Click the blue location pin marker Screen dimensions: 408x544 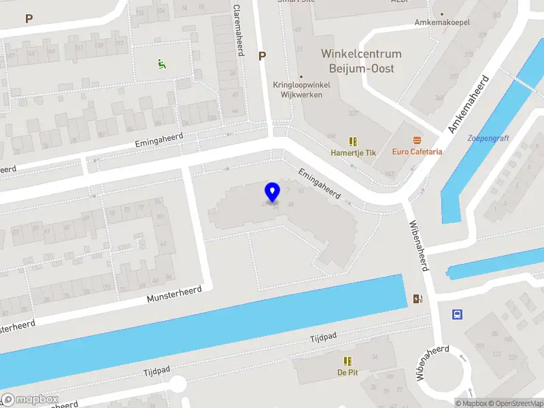click(273, 192)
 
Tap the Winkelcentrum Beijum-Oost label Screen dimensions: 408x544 click(361, 61)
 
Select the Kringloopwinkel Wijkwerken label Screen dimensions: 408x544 click(301, 90)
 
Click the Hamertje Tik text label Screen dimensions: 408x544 click(353, 153)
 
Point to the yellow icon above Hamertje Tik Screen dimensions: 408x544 click(353, 141)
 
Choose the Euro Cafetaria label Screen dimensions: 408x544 click(417, 152)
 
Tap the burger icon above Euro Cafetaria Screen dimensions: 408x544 click(417, 139)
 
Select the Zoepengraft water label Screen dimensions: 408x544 click(488, 138)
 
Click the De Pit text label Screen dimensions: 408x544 click(347, 372)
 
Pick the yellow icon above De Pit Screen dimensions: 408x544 click(348, 361)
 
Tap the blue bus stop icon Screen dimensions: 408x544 click(458, 315)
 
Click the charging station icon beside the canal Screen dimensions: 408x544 click(418, 299)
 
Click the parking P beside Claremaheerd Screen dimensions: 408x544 click(262, 56)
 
